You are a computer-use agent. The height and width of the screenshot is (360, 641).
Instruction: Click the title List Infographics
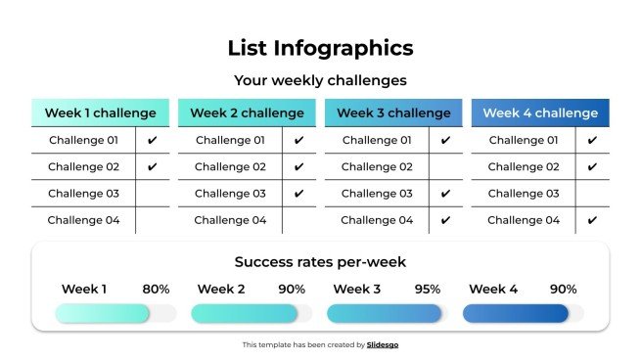320,48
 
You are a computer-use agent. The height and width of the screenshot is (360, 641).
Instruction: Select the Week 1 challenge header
100,112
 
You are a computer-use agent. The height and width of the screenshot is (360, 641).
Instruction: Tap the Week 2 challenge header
247,112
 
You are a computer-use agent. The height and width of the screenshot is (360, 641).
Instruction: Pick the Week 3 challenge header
393,112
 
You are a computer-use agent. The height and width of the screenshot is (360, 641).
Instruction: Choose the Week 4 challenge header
540,112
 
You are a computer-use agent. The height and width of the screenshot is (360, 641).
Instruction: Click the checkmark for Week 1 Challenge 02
152,167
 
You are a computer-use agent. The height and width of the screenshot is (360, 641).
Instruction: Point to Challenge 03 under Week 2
230,194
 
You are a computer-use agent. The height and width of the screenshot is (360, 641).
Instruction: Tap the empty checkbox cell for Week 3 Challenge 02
445,167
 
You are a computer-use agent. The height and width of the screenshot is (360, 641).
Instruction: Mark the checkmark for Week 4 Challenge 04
592,220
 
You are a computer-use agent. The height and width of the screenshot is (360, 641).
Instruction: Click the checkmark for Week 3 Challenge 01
445,141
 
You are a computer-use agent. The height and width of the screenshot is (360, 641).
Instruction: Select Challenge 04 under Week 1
83,220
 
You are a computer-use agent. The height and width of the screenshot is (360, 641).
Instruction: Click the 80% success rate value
156,290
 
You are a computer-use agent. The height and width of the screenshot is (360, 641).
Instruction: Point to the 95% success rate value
427,290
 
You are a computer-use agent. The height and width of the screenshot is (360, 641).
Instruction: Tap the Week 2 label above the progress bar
220,290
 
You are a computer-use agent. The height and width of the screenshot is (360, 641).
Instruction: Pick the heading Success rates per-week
320,262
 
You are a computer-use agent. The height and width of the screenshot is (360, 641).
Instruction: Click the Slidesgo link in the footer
383,344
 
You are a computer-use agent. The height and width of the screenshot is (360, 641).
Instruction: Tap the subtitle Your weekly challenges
320,80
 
